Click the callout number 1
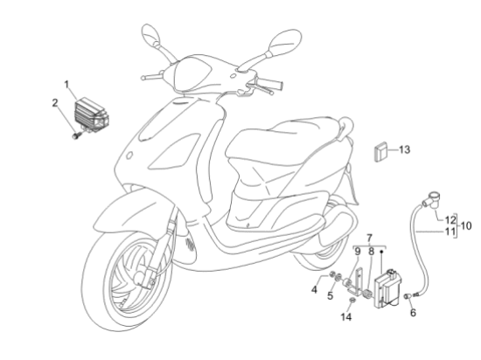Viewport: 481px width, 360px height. tap(67, 84)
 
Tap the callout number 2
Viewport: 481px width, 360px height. tap(55, 103)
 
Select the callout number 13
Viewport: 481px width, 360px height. tap(404, 149)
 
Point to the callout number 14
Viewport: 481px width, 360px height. tap(346, 317)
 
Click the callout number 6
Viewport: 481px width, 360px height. tap(413, 313)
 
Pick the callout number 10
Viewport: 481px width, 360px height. tap(466, 225)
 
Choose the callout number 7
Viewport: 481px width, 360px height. tap(369, 238)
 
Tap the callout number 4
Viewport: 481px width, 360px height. tap(314, 289)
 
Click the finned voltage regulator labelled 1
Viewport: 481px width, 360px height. tap(92, 114)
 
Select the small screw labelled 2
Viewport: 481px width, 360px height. tap(76, 135)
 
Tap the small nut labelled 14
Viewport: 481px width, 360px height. tap(352, 301)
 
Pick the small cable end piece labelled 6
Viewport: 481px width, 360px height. tap(408, 296)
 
